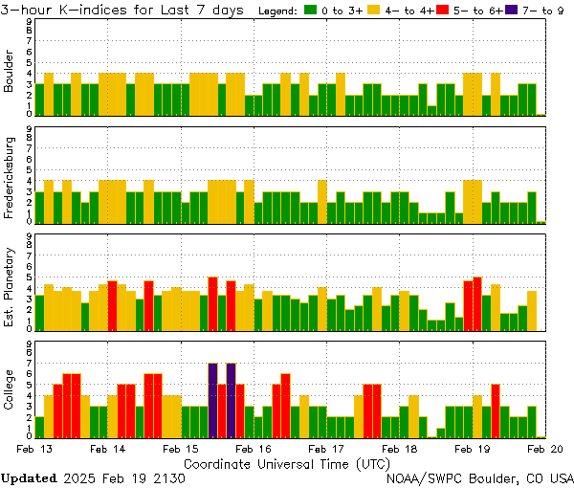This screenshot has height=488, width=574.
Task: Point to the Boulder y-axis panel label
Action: (x=10, y=72)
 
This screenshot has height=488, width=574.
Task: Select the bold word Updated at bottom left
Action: (x=28, y=477)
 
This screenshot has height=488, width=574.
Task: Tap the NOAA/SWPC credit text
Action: (x=479, y=477)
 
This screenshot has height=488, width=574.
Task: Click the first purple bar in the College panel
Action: (x=212, y=400)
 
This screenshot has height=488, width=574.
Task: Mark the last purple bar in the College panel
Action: (x=231, y=400)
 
